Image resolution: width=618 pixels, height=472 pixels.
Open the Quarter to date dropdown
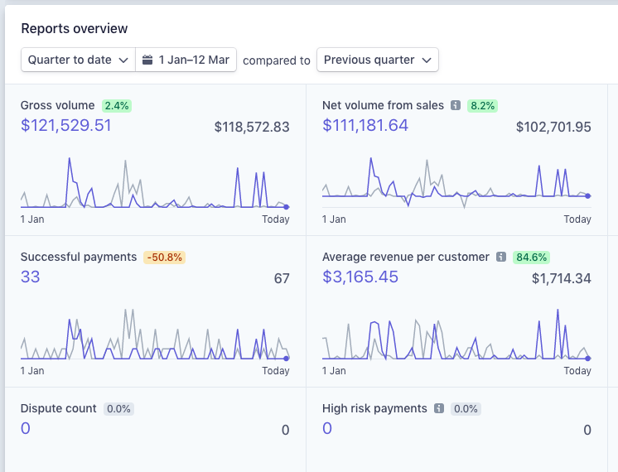(x=78, y=60)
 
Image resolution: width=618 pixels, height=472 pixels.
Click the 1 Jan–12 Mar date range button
(x=186, y=60)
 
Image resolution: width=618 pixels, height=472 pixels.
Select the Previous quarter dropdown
(x=377, y=60)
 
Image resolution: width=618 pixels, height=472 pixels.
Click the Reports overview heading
(x=75, y=29)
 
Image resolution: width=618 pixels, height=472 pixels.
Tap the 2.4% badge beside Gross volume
(x=117, y=106)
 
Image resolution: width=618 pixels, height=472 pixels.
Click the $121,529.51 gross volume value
(x=66, y=125)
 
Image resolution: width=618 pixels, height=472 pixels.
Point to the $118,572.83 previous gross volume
(x=252, y=127)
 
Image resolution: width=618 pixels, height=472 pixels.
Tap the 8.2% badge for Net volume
(x=482, y=106)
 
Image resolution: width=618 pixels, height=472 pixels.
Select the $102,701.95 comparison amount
(x=553, y=127)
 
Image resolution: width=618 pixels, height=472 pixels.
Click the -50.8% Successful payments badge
(x=164, y=258)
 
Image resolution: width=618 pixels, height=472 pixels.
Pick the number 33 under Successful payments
(x=31, y=277)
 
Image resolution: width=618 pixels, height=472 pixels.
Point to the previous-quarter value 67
(x=282, y=278)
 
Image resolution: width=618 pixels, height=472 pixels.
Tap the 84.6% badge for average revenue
(x=531, y=258)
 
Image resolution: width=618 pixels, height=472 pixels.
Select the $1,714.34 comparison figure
(x=562, y=278)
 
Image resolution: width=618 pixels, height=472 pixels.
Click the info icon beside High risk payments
(x=438, y=409)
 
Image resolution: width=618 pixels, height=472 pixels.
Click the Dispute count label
(x=59, y=409)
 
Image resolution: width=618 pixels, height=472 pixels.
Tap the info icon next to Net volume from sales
(x=455, y=106)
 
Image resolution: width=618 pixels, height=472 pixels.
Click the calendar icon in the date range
(x=147, y=60)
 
